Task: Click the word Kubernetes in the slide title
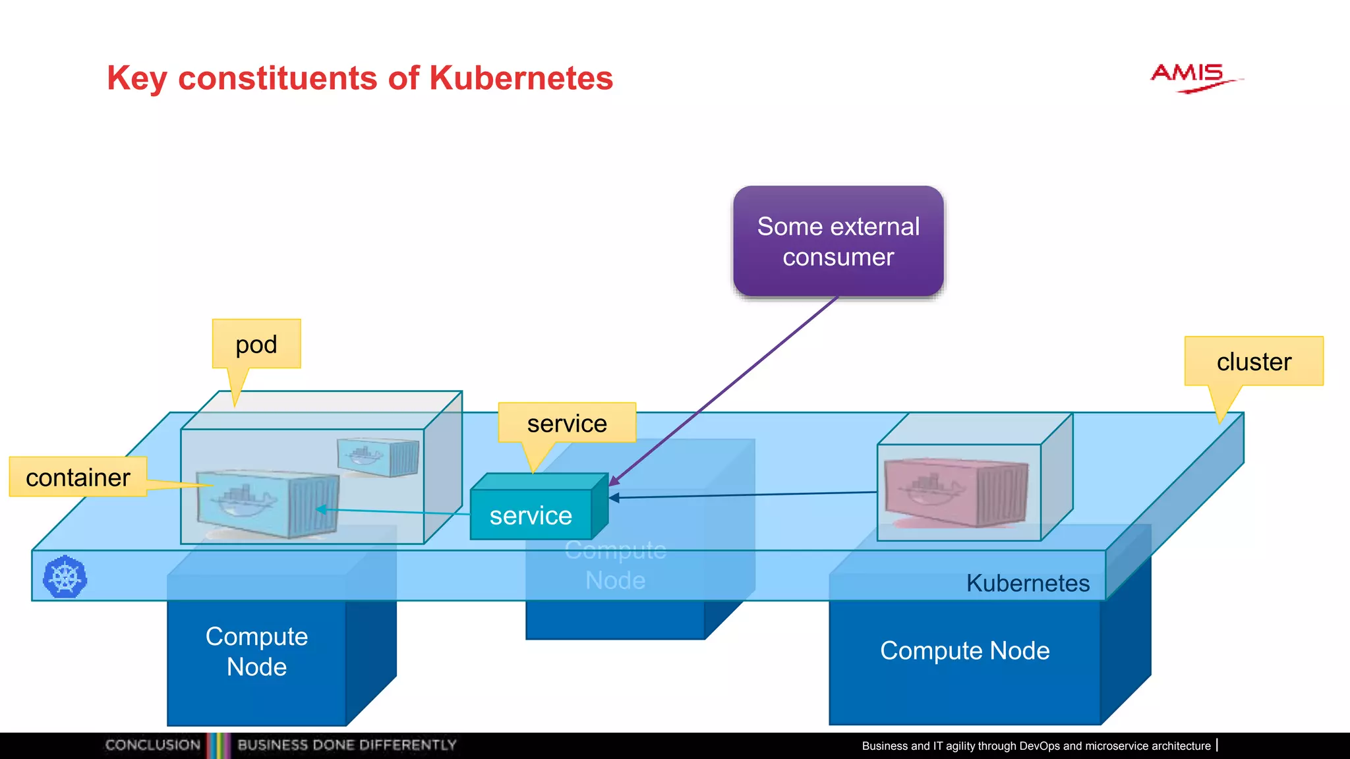[x=521, y=78]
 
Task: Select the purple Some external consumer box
[x=838, y=241]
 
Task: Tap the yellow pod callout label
[x=256, y=344]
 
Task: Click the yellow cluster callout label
[x=1253, y=361]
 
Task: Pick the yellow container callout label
[x=78, y=477]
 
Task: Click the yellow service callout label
[x=567, y=423]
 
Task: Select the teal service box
[x=531, y=515]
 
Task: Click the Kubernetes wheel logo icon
[x=65, y=577]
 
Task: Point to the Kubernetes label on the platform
[x=1027, y=583]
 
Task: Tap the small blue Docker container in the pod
[x=378, y=456]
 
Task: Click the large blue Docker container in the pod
[x=267, y=503]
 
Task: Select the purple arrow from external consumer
[x=725, y=389]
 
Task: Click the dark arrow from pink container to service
[x=745, y=495]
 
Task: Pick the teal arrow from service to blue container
[x=396, y=511]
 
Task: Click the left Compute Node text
[x=256, y=651]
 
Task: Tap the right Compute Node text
[x=964, y=651]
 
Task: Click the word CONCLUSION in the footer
[x=152, y=745]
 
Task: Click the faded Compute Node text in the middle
[x=615, y=565]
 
